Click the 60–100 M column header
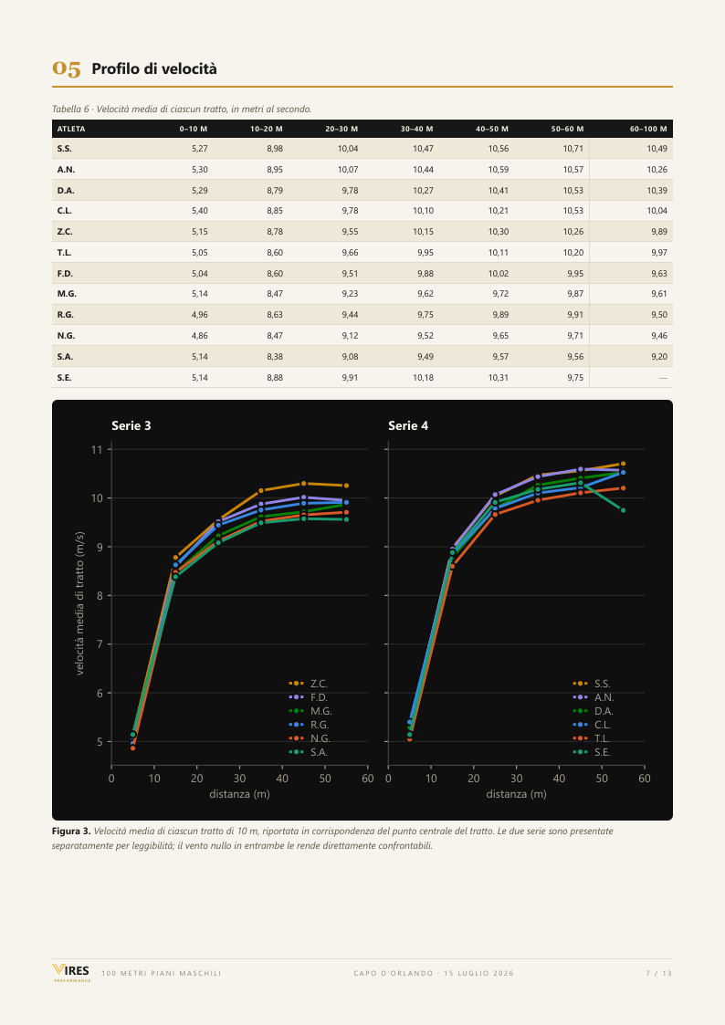coord(648,129)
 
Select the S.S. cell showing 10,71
coord(573,149)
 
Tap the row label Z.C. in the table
coord(65,232)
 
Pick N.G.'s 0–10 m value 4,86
coord(199,335)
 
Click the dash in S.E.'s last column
coord(663,378)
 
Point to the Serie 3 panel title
coord(131,425)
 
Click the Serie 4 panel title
coord(408,425)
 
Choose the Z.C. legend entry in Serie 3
coord(309,684)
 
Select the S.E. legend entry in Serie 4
coord(592,752)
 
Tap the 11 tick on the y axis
coord(97,449)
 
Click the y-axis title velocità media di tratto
coord(79,602)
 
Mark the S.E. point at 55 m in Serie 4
coord(623,510)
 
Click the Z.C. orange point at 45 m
coord(303,484)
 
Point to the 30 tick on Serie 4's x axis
coord(517,779)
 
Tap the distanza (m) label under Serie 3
coord(239,794)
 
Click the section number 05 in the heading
coord(67,68)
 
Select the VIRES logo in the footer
coord(71,973)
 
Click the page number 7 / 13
coord(659,973)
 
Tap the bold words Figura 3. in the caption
coord(71,832)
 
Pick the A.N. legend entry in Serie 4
coord(593,697)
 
